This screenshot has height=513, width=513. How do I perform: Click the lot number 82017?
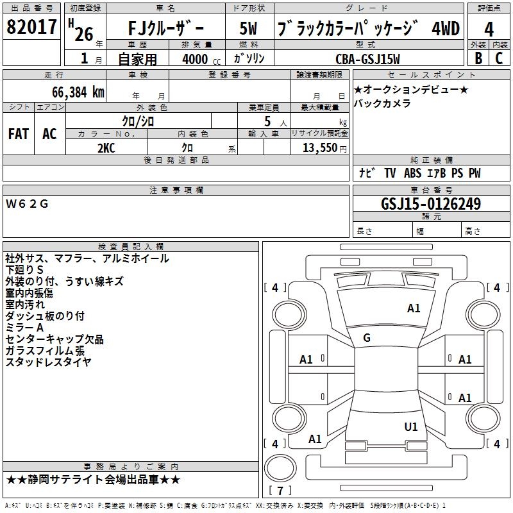(x=31, y=27)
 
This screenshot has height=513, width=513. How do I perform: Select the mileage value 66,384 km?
(x=78, y=92)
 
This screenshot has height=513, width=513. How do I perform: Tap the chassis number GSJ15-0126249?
(x=431, y=204)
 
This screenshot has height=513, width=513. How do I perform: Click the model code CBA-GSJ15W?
(x=367, y=59)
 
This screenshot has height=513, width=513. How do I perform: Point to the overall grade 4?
(x=489, y=29)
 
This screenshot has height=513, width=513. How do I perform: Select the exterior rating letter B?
(x=478, y=58)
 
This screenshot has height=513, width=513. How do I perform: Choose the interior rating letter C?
(x=499, y=58)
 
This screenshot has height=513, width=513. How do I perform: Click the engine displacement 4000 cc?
(x=201, y=59)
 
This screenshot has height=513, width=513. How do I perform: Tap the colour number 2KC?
(x=106, y=148)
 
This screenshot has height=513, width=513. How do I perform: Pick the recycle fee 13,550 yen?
(x=324, y=148)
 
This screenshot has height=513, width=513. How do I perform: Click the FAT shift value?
(x=19, y=134)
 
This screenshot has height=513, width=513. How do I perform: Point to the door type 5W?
(x=248, y=28)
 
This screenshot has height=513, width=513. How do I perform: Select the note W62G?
(x=27, y=204)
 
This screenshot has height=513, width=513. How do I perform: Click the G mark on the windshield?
(x=367, y=338)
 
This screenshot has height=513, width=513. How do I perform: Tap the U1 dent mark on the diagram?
(x=411, y=426)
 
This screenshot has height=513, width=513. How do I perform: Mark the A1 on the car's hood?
(x=414, y=308)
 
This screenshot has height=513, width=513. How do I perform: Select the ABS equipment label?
(x=412, y=173)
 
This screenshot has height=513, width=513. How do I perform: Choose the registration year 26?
(x=84, y=34)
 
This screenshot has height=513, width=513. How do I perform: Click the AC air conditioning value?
(x=49, y=134)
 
